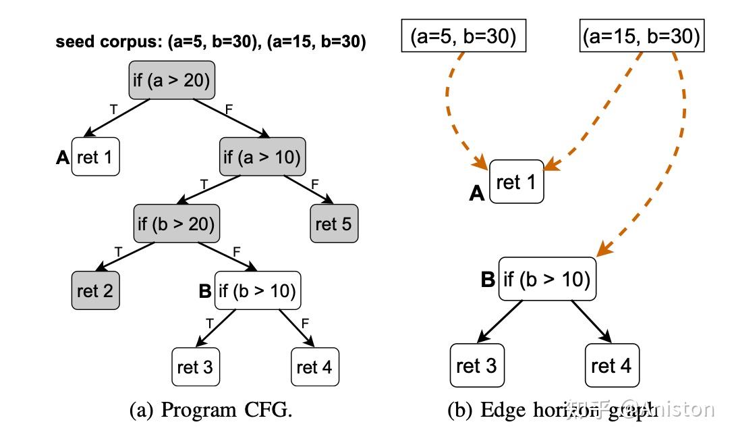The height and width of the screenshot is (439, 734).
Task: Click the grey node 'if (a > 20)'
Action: [x=171, y=80]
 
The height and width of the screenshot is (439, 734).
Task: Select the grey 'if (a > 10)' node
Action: [x=262, y=157]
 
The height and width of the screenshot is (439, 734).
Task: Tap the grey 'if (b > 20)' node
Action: [x=177, y=223]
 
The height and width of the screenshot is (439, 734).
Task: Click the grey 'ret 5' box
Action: [x=334, y=224]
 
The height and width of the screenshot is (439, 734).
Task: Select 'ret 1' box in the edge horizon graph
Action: [x=516, y=182]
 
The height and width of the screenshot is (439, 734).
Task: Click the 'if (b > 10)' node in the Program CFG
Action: [x=257, y=290]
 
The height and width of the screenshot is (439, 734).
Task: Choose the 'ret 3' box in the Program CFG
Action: [x=196, y=367]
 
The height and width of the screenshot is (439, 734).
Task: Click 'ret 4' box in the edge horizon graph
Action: [x=611, y=365]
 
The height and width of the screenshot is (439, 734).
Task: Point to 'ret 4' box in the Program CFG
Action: [x=314, y=367]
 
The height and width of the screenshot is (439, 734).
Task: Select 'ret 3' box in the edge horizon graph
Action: [x=477, y=365]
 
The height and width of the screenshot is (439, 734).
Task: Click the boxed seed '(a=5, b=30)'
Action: [x=463, y=36]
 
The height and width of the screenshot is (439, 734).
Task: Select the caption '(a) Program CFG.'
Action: [x=210, y=410]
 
